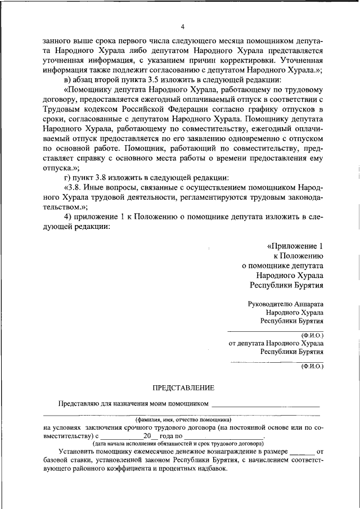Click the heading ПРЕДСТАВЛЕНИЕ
tap(183, 388)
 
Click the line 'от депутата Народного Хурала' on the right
tap(276, 343)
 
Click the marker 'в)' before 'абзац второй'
tap(67, 79)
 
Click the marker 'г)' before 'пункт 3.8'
tap(67, 178)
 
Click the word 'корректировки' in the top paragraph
tap(253, 60)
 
